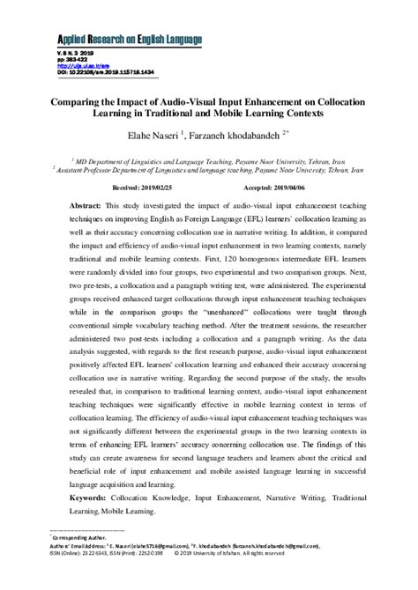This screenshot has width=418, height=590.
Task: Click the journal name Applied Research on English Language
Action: pos(130,40)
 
